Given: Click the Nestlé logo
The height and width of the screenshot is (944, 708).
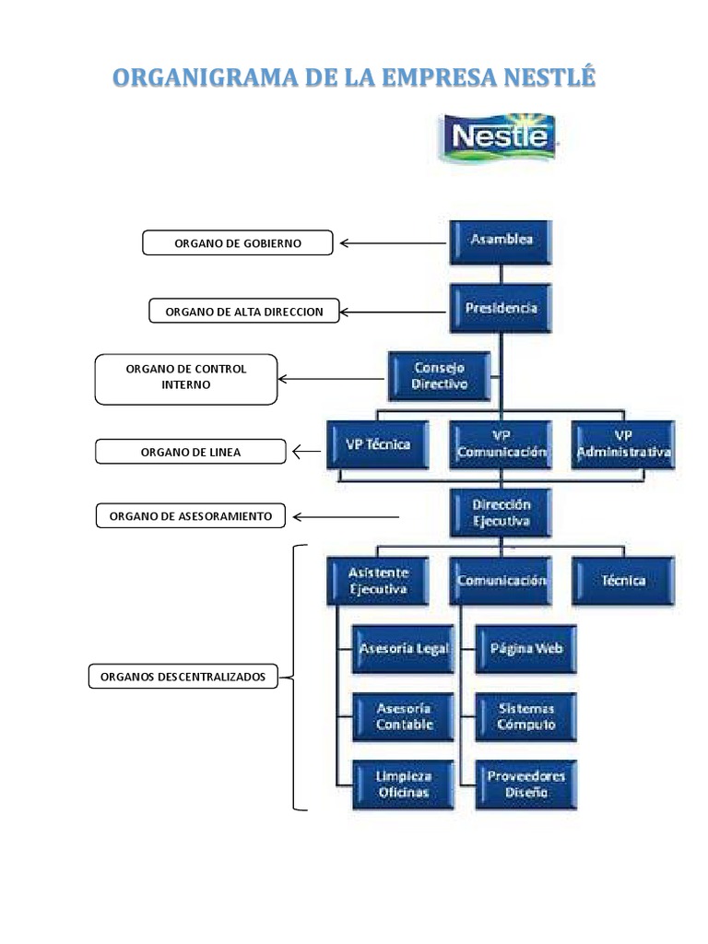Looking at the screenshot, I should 499,138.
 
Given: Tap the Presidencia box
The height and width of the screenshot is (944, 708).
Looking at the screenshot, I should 501,308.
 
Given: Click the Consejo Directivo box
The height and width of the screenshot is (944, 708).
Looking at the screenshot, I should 440,376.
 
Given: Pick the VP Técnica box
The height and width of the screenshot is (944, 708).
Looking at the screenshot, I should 378,444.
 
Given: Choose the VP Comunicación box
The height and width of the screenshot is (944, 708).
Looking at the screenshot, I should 501,444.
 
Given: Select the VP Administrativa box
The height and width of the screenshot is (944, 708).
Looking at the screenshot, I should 623,444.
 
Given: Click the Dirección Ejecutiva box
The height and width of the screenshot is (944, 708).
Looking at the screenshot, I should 501,513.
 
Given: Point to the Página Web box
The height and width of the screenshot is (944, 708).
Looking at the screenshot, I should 525,649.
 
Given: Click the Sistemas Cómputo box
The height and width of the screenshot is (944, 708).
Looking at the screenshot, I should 525,717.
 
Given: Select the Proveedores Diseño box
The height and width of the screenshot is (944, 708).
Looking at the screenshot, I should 525,785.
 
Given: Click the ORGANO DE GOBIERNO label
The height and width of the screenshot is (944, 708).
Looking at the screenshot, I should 238,243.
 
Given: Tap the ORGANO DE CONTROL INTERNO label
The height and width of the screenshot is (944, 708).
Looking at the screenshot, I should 186,378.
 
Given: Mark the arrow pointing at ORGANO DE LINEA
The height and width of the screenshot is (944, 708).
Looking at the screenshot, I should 307,452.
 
